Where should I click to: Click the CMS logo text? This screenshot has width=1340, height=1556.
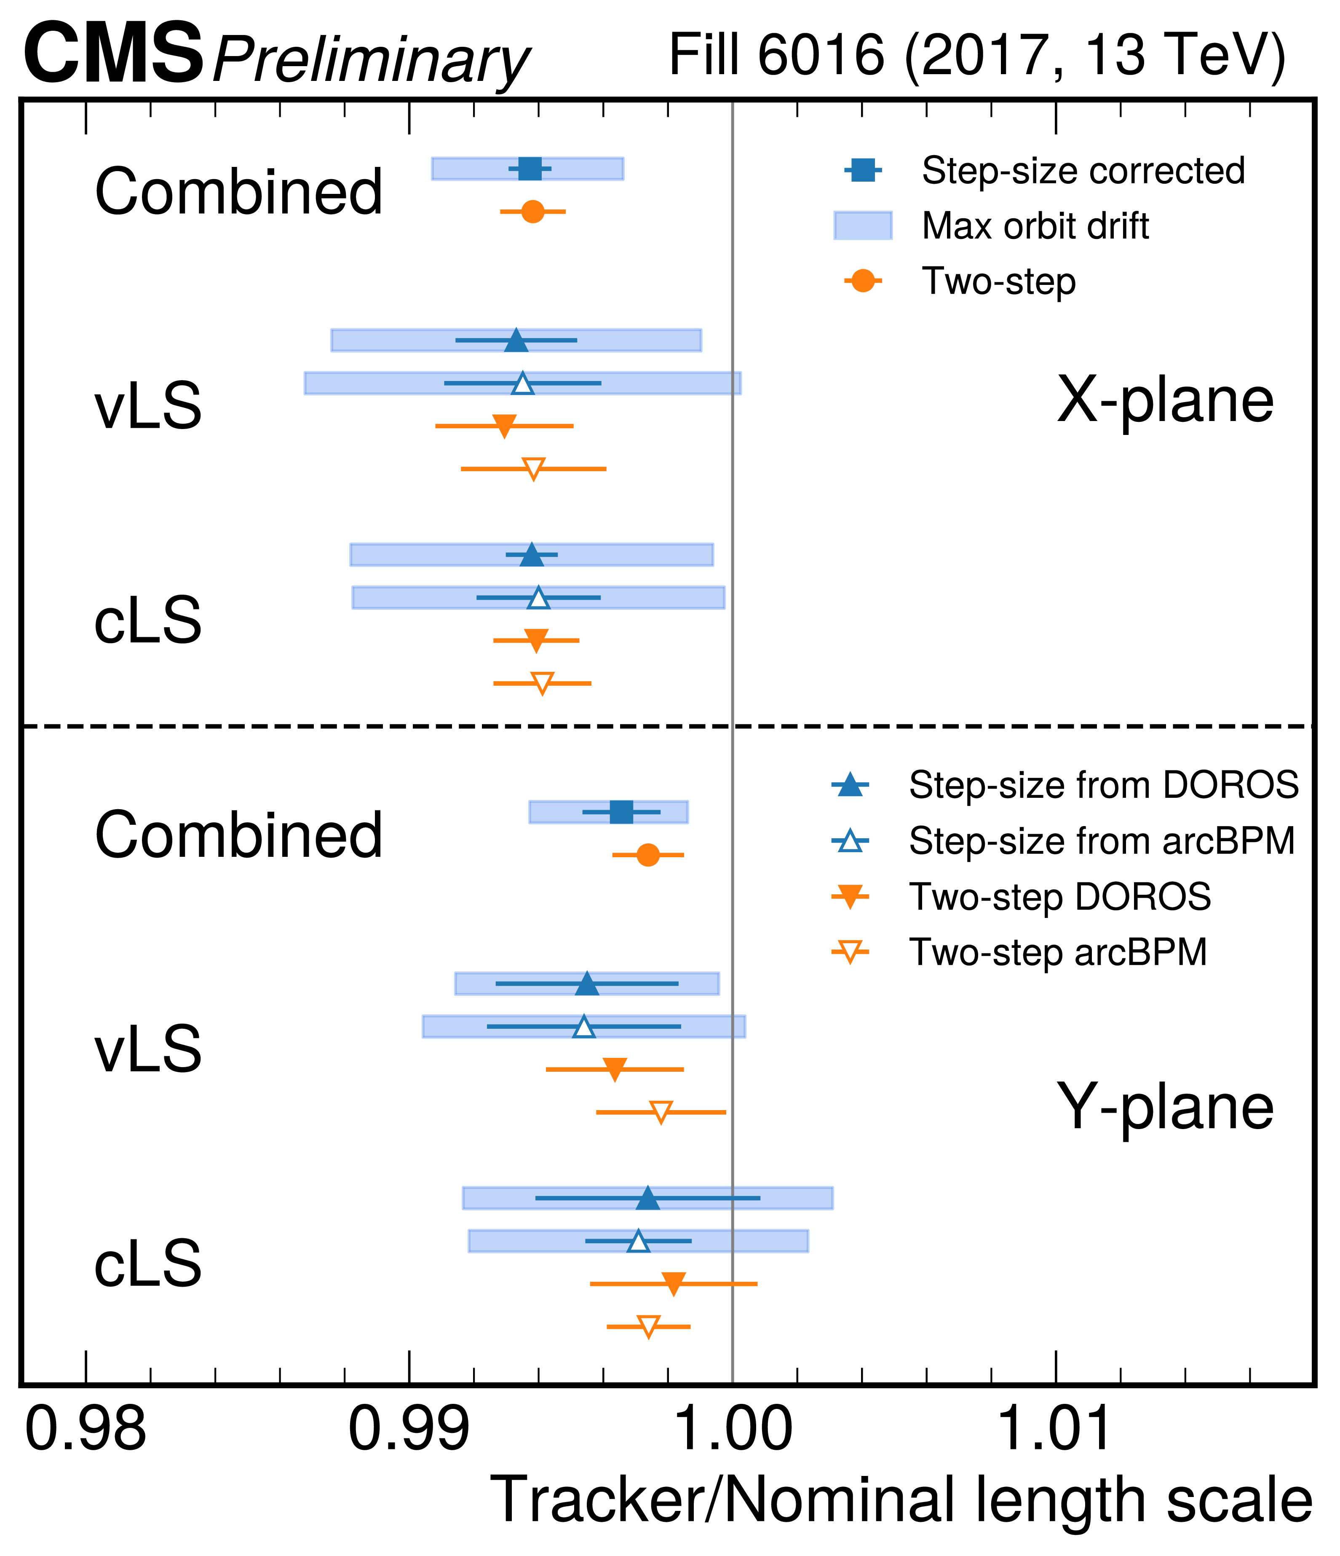(112, 54)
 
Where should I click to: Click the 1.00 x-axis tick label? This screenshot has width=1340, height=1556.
(733, 1430)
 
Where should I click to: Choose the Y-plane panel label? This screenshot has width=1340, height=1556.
(1165, 1108)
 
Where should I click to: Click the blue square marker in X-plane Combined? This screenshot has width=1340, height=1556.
(530, 169)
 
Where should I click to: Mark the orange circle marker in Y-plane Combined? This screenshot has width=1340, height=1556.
(648, 855)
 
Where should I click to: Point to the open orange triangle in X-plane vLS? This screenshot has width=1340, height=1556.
(533, 469)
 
